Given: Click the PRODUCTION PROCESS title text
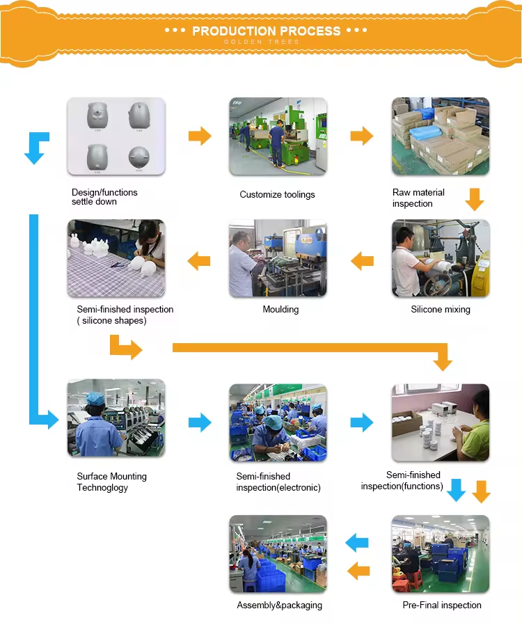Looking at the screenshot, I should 266,31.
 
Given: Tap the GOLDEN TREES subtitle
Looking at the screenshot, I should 262,42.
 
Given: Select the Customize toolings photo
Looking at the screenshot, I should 278,136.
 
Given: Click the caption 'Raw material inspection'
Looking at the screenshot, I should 418,198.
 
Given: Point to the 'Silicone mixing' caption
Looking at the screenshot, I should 441,309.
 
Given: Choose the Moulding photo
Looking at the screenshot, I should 278,258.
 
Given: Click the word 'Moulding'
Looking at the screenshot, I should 280,309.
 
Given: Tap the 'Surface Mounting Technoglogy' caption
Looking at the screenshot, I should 111,482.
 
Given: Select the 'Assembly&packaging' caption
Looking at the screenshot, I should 280,605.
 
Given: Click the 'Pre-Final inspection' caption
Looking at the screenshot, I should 442,605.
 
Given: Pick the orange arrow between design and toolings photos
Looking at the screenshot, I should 200,136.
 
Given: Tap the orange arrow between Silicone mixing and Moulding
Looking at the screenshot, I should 362,262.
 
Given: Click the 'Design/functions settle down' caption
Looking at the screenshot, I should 104,197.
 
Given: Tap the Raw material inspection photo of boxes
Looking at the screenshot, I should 441,136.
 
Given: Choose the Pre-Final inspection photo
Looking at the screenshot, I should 441,554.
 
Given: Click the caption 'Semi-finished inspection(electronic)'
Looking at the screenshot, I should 278,482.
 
